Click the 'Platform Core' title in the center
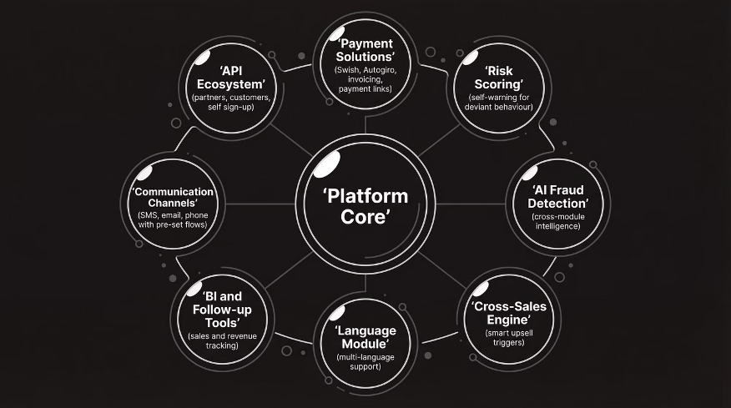point(365,206)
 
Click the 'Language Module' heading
point(365,337)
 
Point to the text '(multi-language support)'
point(365,362)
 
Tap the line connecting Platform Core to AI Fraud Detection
point(471,204)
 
